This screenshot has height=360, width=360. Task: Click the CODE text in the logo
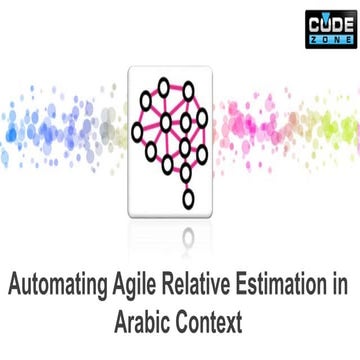point(329,17)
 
